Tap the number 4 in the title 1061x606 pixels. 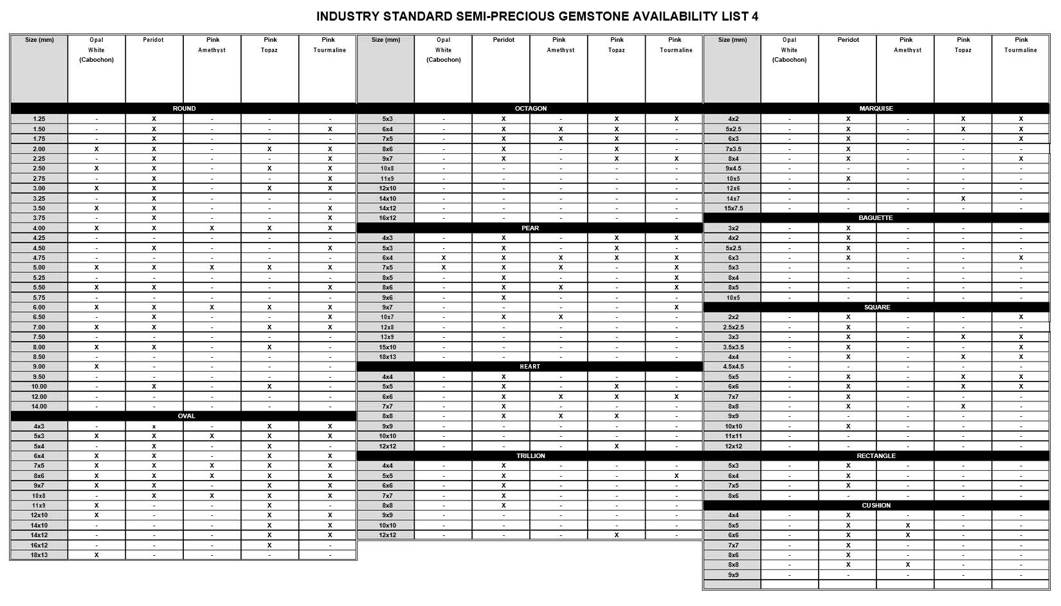(x=755, y=17)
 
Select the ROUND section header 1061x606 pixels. (x=184, y=109)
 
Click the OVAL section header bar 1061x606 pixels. (x=186, y=416)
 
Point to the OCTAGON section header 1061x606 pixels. (x=530, y=109)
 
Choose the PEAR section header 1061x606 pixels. (x=530, y=228)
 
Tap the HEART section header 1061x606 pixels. (x=530, y=367)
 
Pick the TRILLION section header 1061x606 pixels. (x=530, y=456)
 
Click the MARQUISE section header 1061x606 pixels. (x=876, y=109)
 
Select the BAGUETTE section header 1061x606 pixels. (x=876, y=218)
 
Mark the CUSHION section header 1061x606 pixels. (x=876, y=506)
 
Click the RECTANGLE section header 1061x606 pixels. (x=876, y=456)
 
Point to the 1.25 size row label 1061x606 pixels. (x=39, y=119)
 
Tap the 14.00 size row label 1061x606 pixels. (x=39, y=407)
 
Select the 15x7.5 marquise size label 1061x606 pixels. (x=733, y=208)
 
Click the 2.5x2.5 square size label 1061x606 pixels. (x=733, y=327)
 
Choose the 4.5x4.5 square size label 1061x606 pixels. (x=733, y=367)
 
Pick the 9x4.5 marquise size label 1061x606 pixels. (x=733, y=169)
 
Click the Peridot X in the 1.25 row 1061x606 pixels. (x=154, y=119)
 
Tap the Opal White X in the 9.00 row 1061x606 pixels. (x=96, y=367)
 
